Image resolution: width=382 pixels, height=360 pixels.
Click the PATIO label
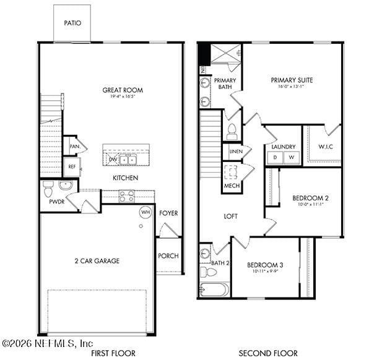(72, 23)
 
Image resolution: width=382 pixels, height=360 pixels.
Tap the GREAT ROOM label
(123, 90)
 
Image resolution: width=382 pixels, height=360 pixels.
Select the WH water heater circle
(145, 212)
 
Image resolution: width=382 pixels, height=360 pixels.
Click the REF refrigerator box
(71, 166)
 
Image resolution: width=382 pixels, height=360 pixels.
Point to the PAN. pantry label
(74, 147)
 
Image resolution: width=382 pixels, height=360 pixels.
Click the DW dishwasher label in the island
(113, 160)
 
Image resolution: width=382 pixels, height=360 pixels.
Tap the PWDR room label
(57, 202)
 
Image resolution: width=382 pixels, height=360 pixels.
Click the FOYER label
(168, 213)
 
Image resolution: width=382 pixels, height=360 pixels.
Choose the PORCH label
(168, 256)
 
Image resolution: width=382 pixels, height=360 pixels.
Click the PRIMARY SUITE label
(292, 80)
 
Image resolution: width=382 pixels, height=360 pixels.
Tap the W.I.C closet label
(326, 147)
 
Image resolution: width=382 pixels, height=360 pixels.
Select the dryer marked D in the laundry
(275, 158)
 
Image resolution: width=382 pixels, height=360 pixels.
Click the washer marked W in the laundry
(291, 158)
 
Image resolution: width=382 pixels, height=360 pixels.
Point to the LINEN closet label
(235, 152)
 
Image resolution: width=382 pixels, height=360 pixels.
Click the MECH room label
(232, 186)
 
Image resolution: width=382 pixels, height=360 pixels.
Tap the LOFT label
(230, 216)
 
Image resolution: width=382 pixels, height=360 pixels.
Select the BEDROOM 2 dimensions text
(310, 205)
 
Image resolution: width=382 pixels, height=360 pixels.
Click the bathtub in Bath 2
(215, 289)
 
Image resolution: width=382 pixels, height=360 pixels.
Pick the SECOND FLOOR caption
(268, 353)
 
